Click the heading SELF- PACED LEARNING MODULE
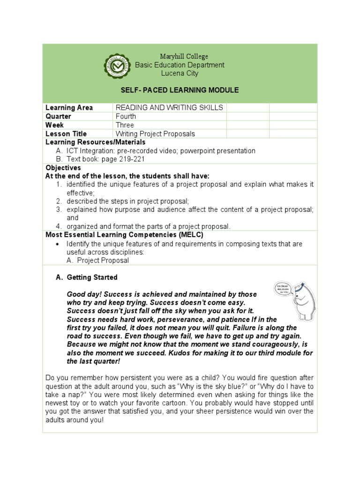point(180,90)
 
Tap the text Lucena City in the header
point(180,74)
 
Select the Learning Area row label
point(69,108)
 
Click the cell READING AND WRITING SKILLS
point(169,108)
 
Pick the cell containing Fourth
point(126,116)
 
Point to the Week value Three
point(125,125)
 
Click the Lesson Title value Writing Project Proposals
point(155,134)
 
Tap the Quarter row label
point(59,116)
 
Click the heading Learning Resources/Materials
point(95,142)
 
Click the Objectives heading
point(63,168)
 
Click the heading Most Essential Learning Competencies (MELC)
point(124,235)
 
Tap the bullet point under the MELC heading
point(57,244)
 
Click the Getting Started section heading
point(92,277)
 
